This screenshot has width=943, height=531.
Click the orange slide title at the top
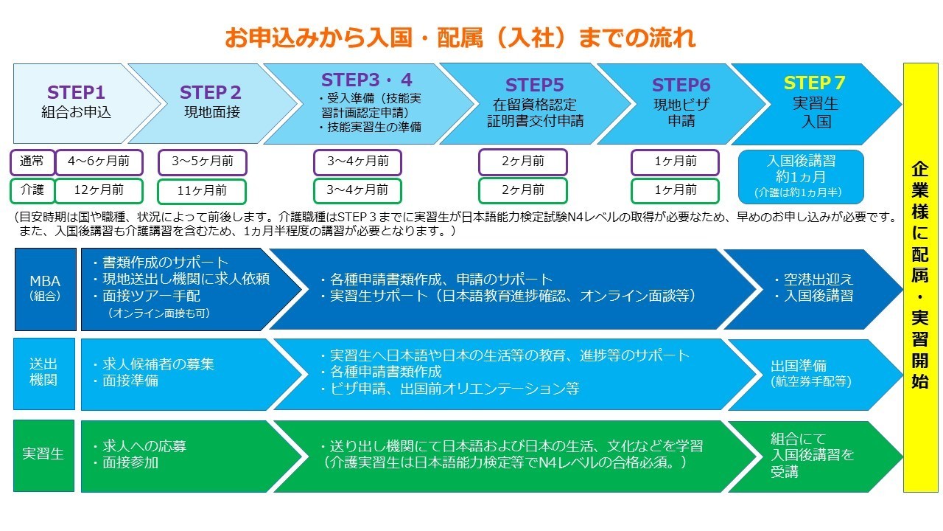coord(460,37)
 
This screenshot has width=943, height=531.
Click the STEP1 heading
coord(77,93)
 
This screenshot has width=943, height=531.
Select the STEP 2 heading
coord(211,93)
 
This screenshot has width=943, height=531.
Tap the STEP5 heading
coord(535,86)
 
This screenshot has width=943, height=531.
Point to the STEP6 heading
coord(681,86)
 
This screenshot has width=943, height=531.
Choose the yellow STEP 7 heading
coord(814,83)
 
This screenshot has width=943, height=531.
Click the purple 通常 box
coord(32,162)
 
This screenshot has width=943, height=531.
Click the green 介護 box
coord(32,190)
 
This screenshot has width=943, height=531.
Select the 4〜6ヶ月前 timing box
coord(98,162)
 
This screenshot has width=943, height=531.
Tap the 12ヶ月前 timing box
coord(98,190)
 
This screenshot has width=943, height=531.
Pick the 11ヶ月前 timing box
coord(202,191)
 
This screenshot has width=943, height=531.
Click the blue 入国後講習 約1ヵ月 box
coord(801,176)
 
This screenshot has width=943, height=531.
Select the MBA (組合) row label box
coord(45,288)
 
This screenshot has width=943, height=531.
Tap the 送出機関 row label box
coord(44,373)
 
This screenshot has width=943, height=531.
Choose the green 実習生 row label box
coord(44,455)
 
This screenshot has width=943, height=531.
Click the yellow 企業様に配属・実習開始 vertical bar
coord(921,277)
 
